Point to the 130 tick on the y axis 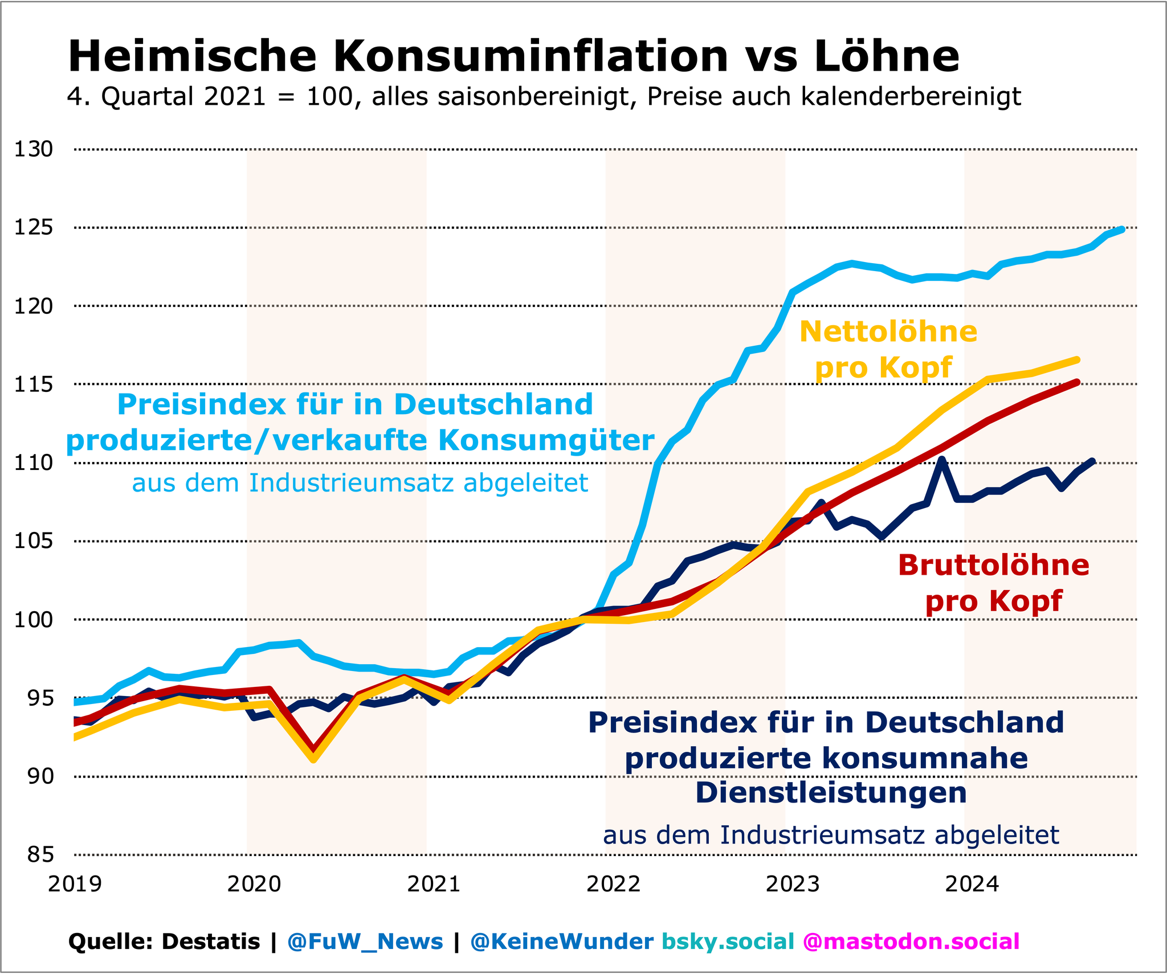tap(33, 150)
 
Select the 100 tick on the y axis tap(33, 620)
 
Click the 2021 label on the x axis tap(434, 885)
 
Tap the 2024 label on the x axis tap(972, 885)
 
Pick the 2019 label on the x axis tap(75, 885)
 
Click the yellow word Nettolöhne tap(888, 332)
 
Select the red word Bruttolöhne tap(994, 566)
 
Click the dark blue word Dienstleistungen tap(831, 792)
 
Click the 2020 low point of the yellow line tap(313, 759)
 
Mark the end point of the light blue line tap(1122, 230)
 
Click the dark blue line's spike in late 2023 tap(942, 459)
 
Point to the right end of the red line tap(1077, 382)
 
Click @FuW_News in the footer tap(365, 942)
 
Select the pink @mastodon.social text tap(911, 942)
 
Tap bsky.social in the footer tap(728, 942)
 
